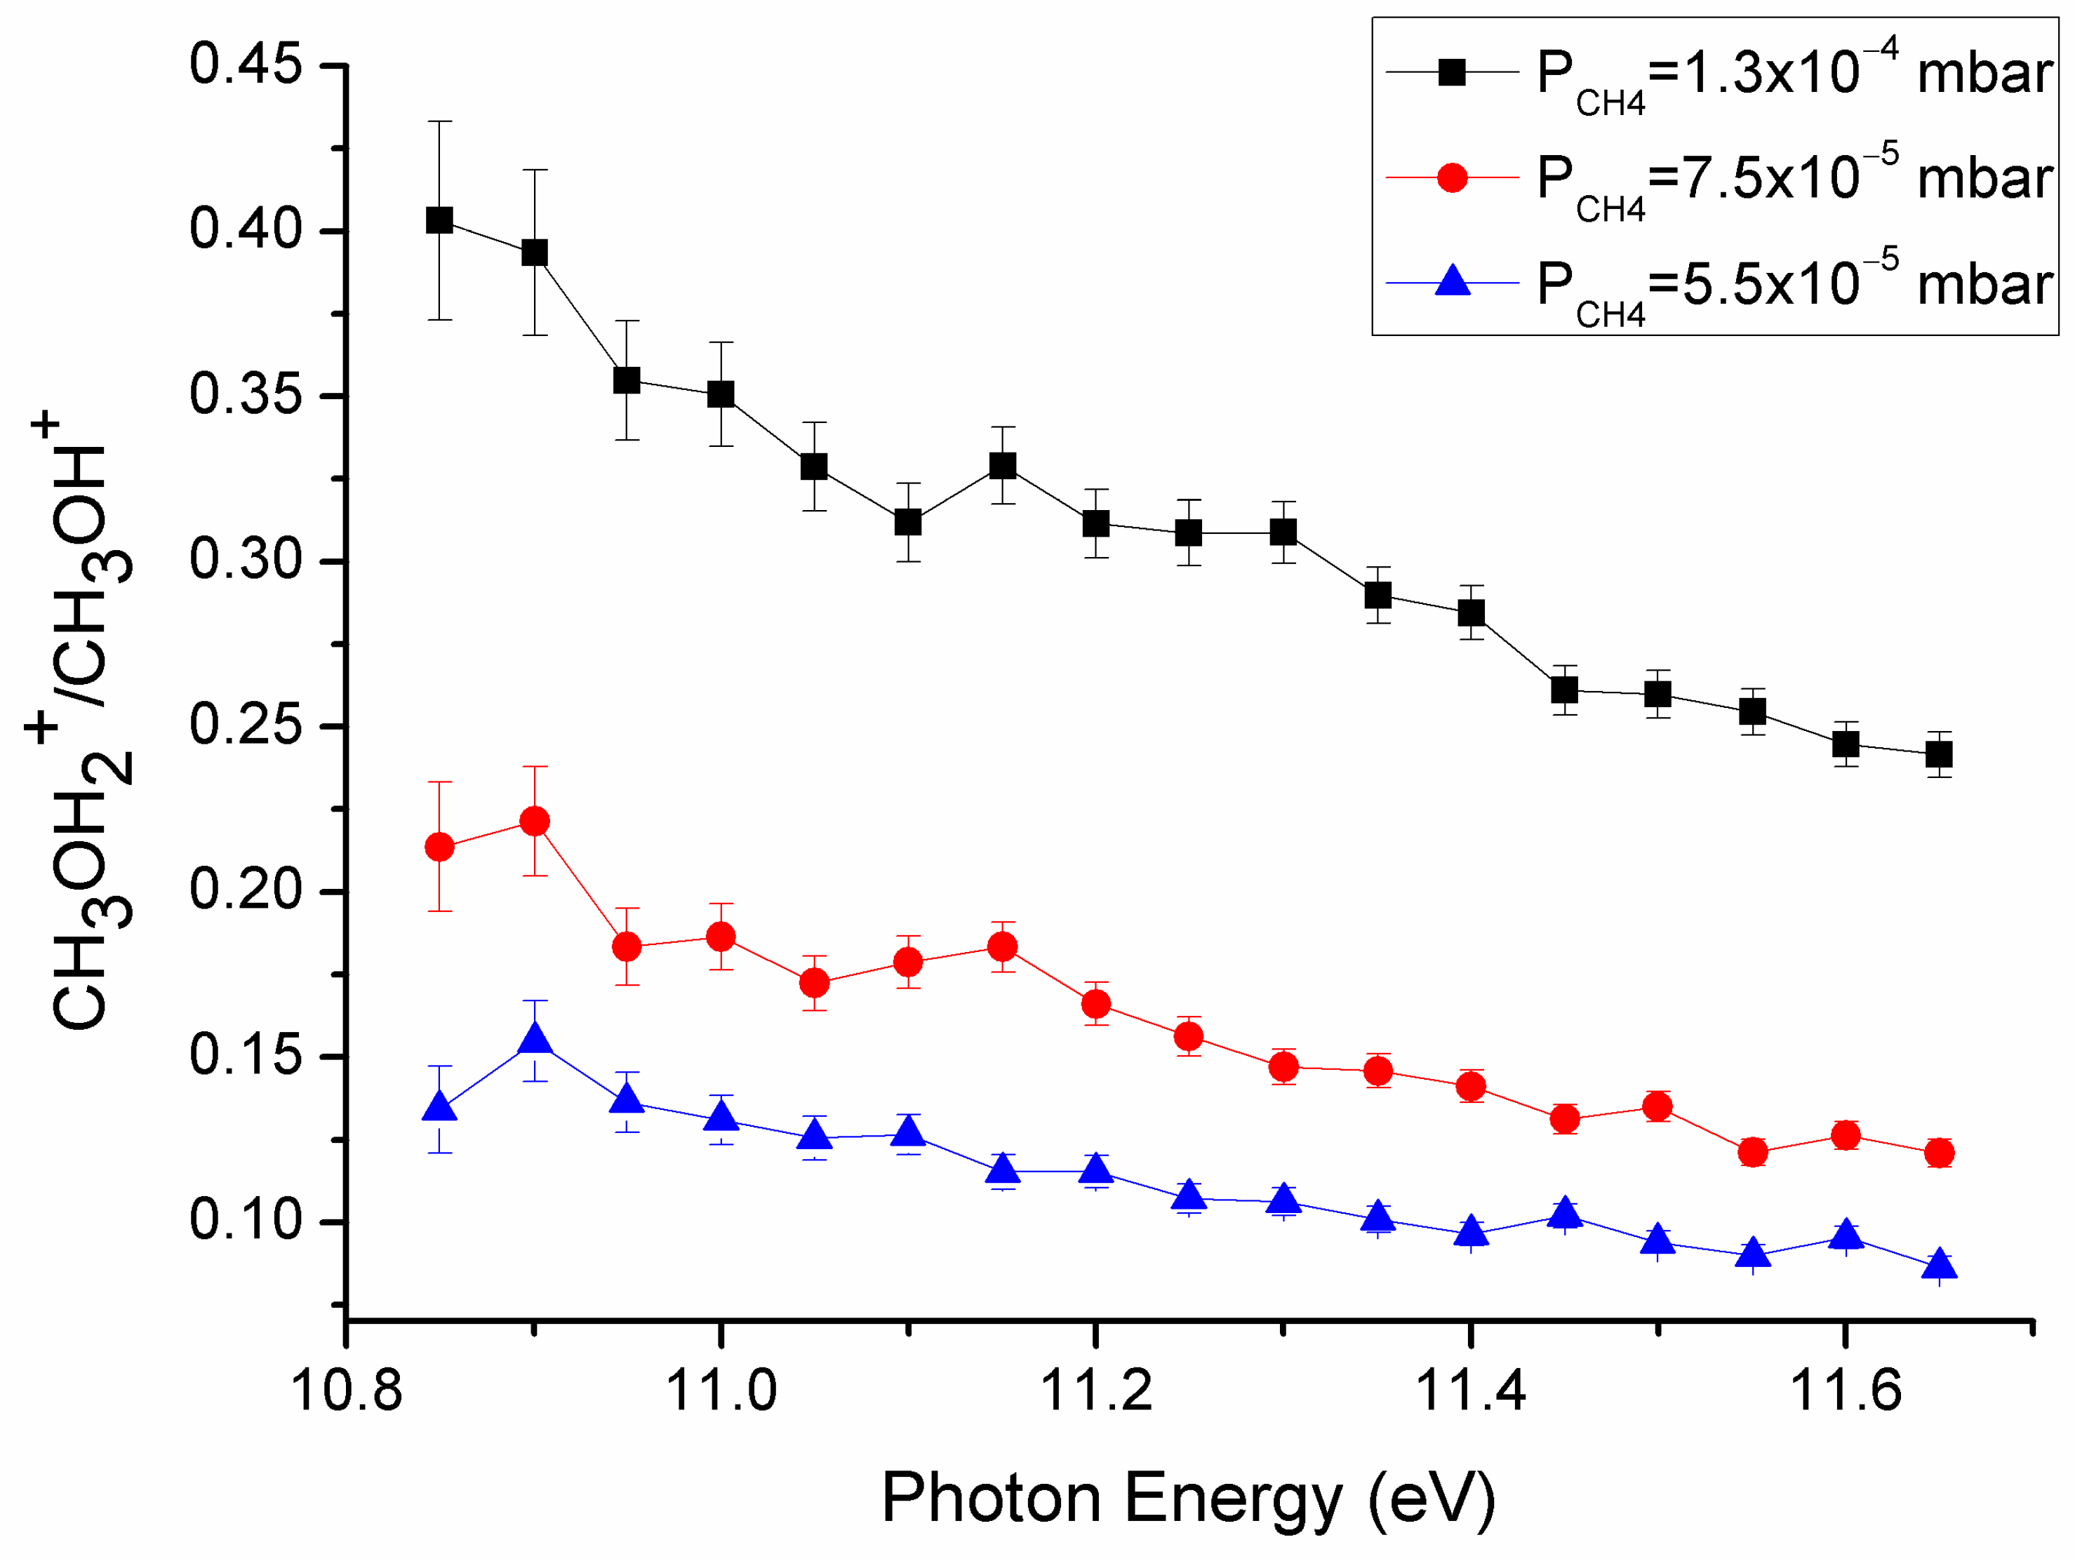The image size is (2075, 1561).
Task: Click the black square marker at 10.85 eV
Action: [440, 220]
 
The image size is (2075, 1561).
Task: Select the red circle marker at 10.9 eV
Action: [535, 821]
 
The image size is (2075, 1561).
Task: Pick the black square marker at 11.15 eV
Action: [1003, 465]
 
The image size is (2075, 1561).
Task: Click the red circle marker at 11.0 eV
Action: [721, 935]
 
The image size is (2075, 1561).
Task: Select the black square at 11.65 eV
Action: [1939, 753]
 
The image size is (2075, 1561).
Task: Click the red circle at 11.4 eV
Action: [1471, 1085]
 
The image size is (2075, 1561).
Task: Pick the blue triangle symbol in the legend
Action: [1452, 281]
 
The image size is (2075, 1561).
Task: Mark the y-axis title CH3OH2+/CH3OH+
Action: [80, 723]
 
